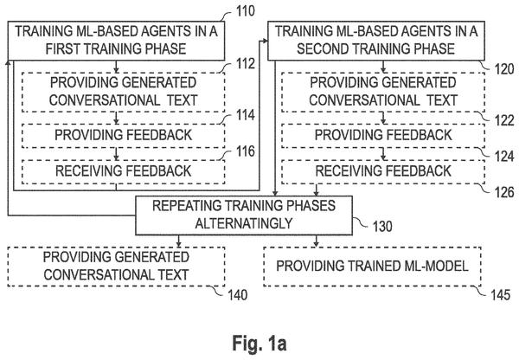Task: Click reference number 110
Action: (x=246, y=11)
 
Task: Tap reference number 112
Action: (x=246, y=63)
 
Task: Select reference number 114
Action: (x=246, y=115)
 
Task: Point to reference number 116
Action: (x=246, y=151)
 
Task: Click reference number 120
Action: (x=504, y=69)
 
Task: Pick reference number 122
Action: (x=504, y=120)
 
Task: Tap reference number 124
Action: (x=504, y=157)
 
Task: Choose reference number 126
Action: (x=504, y=192)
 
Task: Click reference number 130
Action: (x=382, y=227)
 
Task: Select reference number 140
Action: (x=237, y=295)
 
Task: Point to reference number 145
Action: (x=500, y=295)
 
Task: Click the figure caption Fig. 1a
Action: (x=259, y=343)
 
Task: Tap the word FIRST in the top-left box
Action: (x=63, y=49)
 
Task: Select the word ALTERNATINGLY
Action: (x=244, y=223)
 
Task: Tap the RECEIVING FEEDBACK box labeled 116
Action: (x=123, y=171)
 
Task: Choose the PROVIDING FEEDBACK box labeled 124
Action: (x=383, y=136)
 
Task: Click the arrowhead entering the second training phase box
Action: (x=266, y=41)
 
